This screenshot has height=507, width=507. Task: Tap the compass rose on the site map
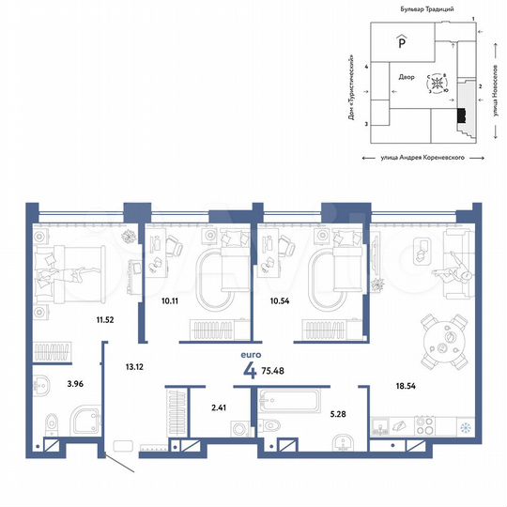(438, 84)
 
